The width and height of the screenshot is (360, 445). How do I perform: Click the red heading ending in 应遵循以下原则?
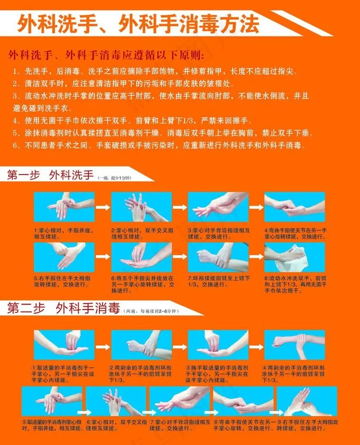[x=106, y=55]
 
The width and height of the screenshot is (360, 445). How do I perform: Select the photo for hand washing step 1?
[x=64, y=207]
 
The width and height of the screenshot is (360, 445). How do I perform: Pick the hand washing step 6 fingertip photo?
[x=141, y=257]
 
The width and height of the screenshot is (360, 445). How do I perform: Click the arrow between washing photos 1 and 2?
[x=103, y=207]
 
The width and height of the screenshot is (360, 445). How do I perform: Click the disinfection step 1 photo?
[x=64, y=345]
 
